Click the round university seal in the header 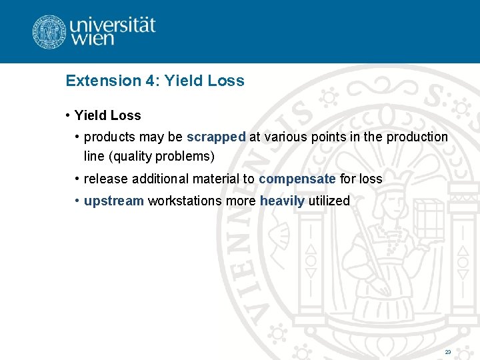coord(49,32)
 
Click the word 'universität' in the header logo coord(112,25)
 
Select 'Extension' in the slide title coord(103,81)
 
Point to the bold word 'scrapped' coord(216,137)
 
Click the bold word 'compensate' coord(297,179)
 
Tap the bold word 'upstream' coord(114,201)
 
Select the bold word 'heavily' coord(282,201)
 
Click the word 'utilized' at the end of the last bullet coord(329,201)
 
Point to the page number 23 coord(447,351)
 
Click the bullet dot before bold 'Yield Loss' coord(69,115)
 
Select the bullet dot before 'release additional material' coord(78,179)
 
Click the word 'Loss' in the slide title coord(226,81)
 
